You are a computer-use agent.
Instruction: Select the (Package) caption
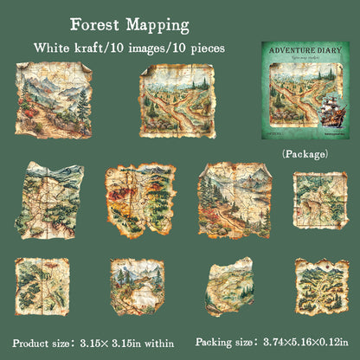coord(304,153)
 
